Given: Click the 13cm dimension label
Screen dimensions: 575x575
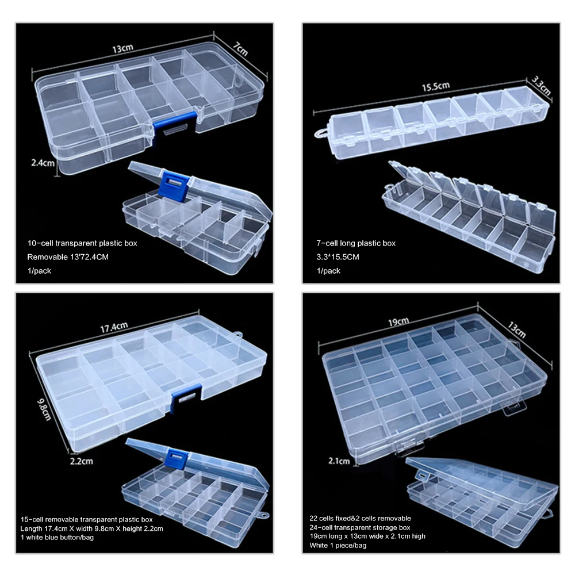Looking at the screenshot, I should (120, 49).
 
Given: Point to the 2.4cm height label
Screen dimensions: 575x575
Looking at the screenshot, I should (43, 163).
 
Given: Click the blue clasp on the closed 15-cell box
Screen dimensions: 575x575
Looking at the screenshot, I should (186, 395).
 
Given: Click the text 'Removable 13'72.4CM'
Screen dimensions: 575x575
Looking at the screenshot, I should (68, 256).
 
